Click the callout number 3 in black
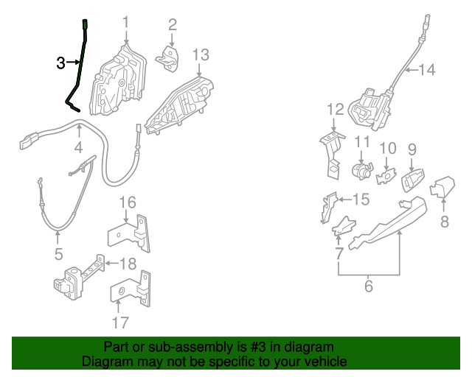click(61, 63)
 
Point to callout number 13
click(201, 54)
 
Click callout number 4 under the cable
click(78, 149)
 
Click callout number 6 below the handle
click(369, 286)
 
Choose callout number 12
click(336, 109)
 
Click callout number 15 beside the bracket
click(359, 199)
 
